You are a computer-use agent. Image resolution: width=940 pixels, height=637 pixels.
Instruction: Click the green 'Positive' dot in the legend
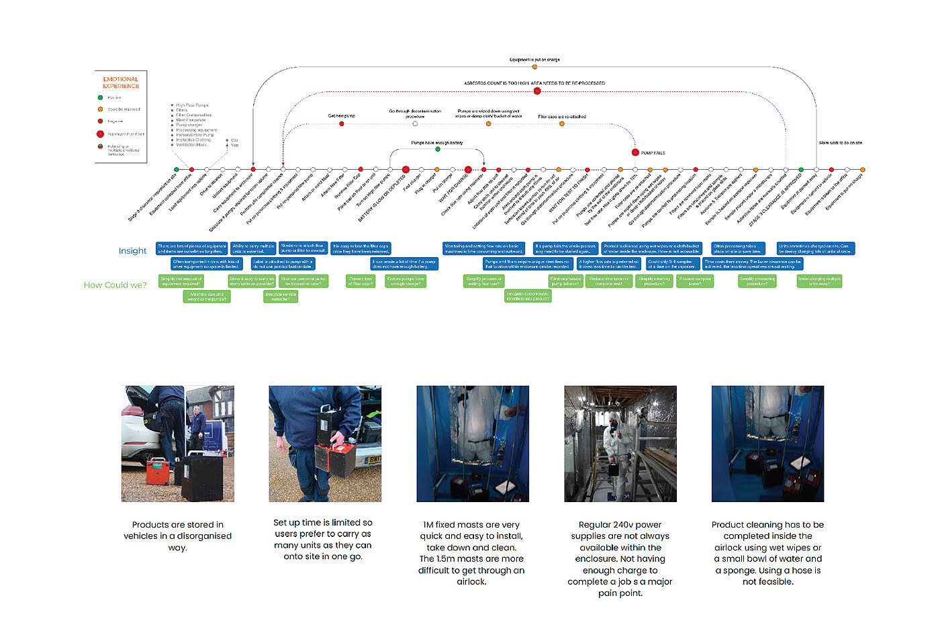click(x=101, y=97)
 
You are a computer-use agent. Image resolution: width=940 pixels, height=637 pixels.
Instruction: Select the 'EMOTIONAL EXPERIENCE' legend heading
click(x=121, y=83)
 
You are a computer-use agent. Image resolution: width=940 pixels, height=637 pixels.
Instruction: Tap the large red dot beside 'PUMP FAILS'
click(x=635, y=153)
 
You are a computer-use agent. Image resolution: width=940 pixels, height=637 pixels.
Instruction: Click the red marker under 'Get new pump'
click(x=342, y=124)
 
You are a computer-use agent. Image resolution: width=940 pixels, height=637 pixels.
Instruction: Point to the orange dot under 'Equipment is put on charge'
click(x=534, y=67)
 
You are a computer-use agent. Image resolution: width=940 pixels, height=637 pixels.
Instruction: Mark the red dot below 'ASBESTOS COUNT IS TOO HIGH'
click(x=537, y=91)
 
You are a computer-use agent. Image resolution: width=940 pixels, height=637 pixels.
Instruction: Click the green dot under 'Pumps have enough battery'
click(x=438, y=149)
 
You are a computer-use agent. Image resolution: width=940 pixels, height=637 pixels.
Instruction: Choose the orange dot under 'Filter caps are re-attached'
click(x=562, y=124)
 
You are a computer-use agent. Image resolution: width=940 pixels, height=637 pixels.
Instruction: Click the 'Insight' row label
click(x=132, y=251)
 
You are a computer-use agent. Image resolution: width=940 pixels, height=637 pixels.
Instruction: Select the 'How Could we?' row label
click(x=115, y=285)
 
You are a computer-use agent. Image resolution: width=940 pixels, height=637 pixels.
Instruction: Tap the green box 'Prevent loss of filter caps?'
click(x=361, y=281)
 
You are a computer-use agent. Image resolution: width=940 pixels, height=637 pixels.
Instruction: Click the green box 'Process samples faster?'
click(x=694, y=281)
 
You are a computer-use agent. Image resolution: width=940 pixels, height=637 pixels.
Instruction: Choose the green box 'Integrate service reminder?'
click(x=281, y=297)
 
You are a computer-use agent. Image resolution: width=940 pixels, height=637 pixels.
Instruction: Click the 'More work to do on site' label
click(x=840, y=143)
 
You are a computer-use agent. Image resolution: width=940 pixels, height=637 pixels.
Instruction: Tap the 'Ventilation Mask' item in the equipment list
click(x=191, y=145)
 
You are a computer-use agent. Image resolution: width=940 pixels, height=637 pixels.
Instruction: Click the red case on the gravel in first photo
click(x=157, y=471)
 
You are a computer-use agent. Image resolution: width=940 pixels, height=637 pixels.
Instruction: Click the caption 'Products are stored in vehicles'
click(x=177, y=536)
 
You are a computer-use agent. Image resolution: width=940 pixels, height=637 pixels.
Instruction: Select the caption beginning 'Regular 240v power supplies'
click(x=620, y=558)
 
